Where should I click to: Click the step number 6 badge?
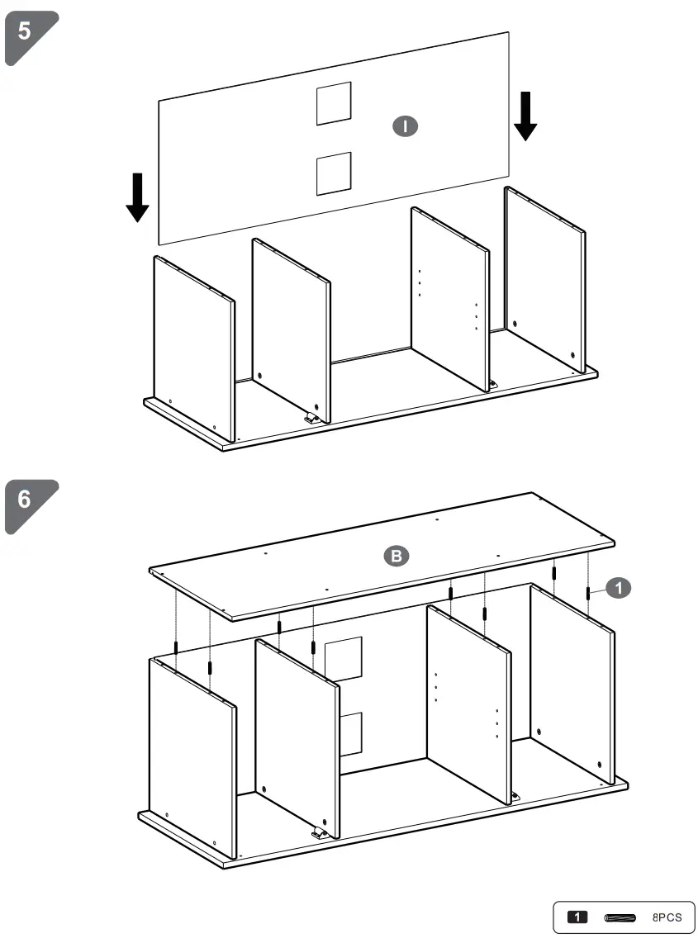pos(27,502)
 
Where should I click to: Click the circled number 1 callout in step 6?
pos(619,587)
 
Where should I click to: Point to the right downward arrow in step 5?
pos(525,116)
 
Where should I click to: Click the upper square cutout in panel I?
pos(334,103)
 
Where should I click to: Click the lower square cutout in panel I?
pos(334,173)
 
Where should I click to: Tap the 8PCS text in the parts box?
pos(667,917)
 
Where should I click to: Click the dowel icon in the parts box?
pos(620,917)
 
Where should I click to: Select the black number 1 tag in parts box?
pos(577,917)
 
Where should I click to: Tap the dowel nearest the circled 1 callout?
pos(587,593)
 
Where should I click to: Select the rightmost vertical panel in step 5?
pos(545,277)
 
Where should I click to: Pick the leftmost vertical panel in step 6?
pos(192,756)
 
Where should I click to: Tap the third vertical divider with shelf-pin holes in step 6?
pos(468,702)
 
